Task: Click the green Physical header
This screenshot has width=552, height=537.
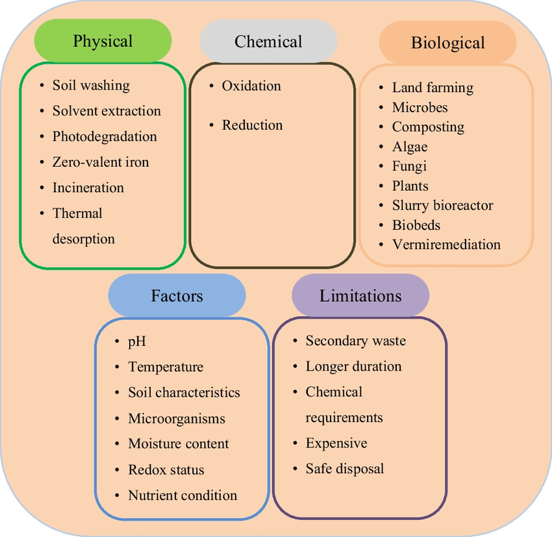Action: click(x=103, y=41)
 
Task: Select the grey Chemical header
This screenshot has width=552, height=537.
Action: click(x=268, y=42)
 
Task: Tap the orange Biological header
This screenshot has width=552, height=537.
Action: click(x=447, y=43)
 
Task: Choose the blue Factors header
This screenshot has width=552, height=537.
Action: click(x=177, y=296)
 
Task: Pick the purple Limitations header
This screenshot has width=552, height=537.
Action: click(x=360, y=296)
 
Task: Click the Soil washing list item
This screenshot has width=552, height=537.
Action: click(x=91, y=85)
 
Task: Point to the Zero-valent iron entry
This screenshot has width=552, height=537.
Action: click(x=101, y=162)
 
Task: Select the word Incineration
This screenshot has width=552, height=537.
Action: click(x=88, y=188)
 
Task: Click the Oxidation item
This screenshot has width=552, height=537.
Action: click(x=251, y=86)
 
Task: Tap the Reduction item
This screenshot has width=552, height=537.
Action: click(x=252, y=125)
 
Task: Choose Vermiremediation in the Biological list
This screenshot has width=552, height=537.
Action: click(x=446, y=245)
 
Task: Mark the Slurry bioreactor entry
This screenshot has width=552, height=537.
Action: click(x=442, y=205)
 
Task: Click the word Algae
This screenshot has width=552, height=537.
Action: click(x=410, y=147)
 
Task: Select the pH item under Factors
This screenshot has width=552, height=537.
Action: click(x=137, y=341)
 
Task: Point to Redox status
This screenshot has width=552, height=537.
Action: click(x=166, y=469)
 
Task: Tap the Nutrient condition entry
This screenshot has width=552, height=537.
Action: click(x=182, y=495)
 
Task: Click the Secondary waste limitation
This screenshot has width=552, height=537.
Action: click(x=355, y=340)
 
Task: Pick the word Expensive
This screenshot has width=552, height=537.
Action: click(x=336, y=443)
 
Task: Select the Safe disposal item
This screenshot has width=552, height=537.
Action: click(x=345, y=469)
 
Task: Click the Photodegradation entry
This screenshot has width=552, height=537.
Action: click(x=105, y=136)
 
